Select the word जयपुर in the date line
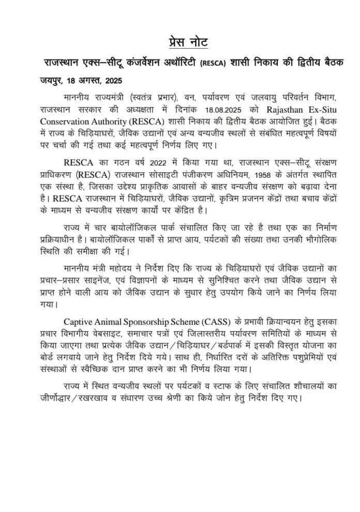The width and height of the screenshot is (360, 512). (52, 81)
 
